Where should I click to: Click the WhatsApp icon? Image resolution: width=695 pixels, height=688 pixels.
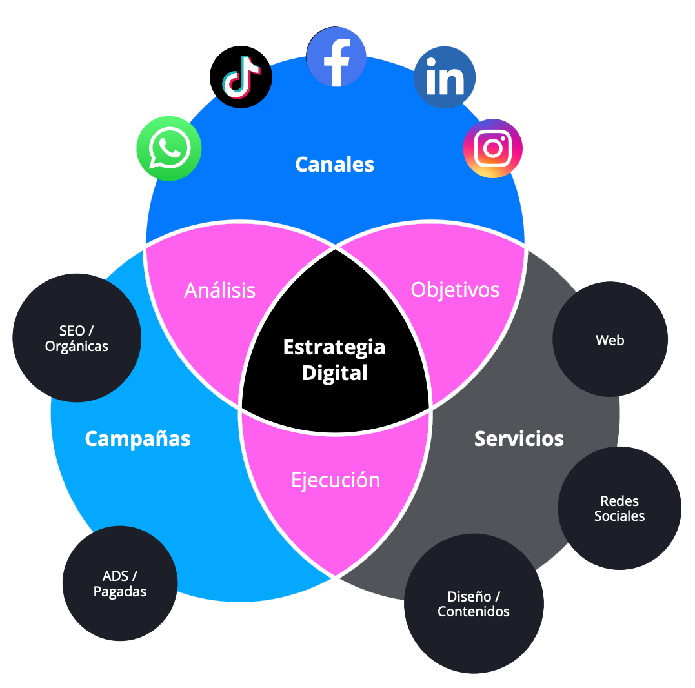tap(169, 148)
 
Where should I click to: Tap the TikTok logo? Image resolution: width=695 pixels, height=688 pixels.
tap(241, 77)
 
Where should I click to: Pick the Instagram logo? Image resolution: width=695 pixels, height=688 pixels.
tap(493, 148)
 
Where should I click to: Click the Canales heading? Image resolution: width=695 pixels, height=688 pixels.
tap(334, 165)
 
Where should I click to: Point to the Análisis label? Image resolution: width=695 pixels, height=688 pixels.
tap(220, 290)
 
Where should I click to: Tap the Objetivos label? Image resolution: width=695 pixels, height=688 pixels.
tap(455, 290)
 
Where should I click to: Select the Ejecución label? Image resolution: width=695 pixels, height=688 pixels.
tap(335, 480)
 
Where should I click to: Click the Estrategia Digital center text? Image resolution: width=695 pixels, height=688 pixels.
tap(334, 359)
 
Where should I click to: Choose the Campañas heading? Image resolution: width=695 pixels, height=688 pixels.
tap(137, 439)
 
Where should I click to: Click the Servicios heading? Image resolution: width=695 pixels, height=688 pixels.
tap(519, 439)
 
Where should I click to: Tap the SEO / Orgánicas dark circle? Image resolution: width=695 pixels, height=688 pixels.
tap(77, 338)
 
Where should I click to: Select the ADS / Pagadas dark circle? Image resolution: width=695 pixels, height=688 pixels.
tap(120, 583)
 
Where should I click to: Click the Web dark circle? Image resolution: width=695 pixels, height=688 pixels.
tap(610, 340)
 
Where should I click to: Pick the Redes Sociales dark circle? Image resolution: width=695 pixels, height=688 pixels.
tap(619, 508)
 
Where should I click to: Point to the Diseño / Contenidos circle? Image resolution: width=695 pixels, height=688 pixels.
tap(474, 604)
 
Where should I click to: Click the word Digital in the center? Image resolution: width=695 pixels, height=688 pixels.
tap(334, 373)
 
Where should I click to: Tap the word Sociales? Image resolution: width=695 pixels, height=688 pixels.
tap(619, 516)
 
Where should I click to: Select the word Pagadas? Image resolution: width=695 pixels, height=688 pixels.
tap(120, 592)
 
